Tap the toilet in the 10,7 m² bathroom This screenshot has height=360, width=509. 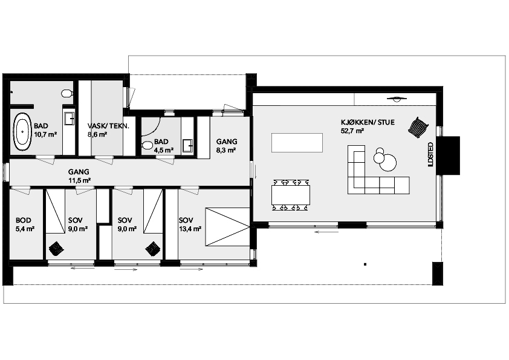pos(67,94)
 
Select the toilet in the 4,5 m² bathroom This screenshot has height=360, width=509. pos(148,145)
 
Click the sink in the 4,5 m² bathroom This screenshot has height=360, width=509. pos(188,146)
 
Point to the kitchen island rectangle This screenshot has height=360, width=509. pos(297,143)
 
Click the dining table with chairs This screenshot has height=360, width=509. pos(291,195)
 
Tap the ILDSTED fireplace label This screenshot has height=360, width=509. pos(430,154)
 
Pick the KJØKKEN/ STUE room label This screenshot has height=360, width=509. pos(368,122)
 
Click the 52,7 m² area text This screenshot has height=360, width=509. pos(352,131)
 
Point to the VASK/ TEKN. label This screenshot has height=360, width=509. pos(108,126)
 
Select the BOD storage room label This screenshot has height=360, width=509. pos(24,220)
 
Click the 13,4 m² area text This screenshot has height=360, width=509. pos(190,229)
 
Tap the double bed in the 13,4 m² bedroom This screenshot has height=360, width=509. pos(227,227)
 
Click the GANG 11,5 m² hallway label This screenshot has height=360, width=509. pos(79,176)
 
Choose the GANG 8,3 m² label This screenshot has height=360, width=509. pos(227,146)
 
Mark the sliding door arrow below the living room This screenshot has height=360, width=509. pos(326,232)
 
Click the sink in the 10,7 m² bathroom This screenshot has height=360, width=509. pos(70,118)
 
